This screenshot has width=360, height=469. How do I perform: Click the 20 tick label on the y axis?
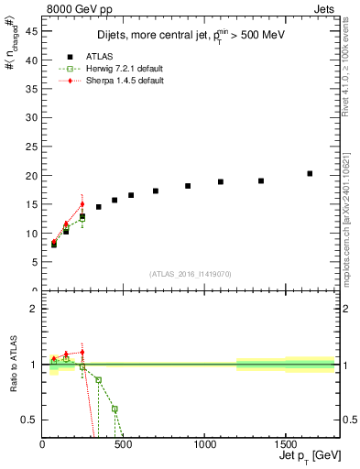[32, 176]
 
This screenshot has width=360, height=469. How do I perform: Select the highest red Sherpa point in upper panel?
[82, 204]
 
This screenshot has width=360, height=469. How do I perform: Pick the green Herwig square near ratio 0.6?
[115, 409]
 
